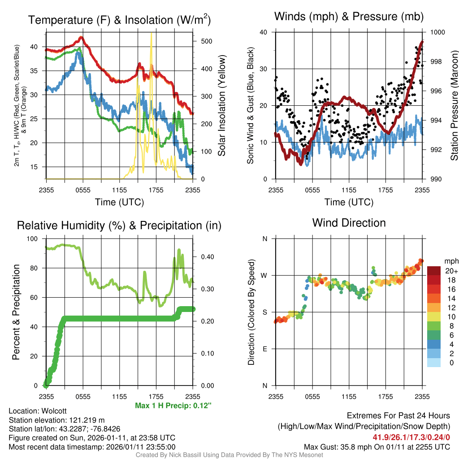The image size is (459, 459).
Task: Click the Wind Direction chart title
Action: [349, 223]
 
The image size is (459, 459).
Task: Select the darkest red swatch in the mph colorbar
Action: [433, 271]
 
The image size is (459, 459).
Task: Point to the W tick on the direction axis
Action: [265, 275]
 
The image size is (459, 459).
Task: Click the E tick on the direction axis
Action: [265, 349]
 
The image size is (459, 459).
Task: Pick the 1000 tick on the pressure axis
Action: [437, 32]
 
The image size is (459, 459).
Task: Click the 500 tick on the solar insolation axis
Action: [206, 41]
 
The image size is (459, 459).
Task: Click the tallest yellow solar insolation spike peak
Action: [152, 33]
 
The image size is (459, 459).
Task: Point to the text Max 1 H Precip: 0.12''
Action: [173, 406]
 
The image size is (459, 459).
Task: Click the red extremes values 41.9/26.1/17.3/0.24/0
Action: [411, 437]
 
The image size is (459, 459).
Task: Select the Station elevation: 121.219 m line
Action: [56, 420]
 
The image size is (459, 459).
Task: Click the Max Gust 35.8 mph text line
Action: [377, 446]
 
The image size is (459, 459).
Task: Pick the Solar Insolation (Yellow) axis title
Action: [221, 106]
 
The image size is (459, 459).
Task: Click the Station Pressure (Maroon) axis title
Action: [454, 106]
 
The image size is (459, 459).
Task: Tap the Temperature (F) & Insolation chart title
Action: [119, 20]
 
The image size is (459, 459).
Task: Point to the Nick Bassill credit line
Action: [229, 455]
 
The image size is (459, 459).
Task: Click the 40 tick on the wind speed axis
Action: [263, 32]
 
